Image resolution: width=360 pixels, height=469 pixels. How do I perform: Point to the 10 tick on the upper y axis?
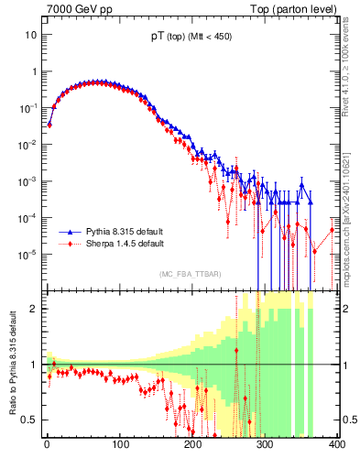click(30, 35)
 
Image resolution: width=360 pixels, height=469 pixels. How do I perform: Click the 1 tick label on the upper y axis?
click(33, 71)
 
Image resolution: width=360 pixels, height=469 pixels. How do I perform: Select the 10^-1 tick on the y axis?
click(27, 108)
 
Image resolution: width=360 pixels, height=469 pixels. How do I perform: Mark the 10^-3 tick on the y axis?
click(27, 181)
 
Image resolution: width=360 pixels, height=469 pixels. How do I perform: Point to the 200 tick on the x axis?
click(192, 444)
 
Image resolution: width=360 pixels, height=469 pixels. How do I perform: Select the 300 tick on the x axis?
click(265, 444)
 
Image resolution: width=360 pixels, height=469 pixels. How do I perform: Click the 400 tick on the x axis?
click(336, 444)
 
